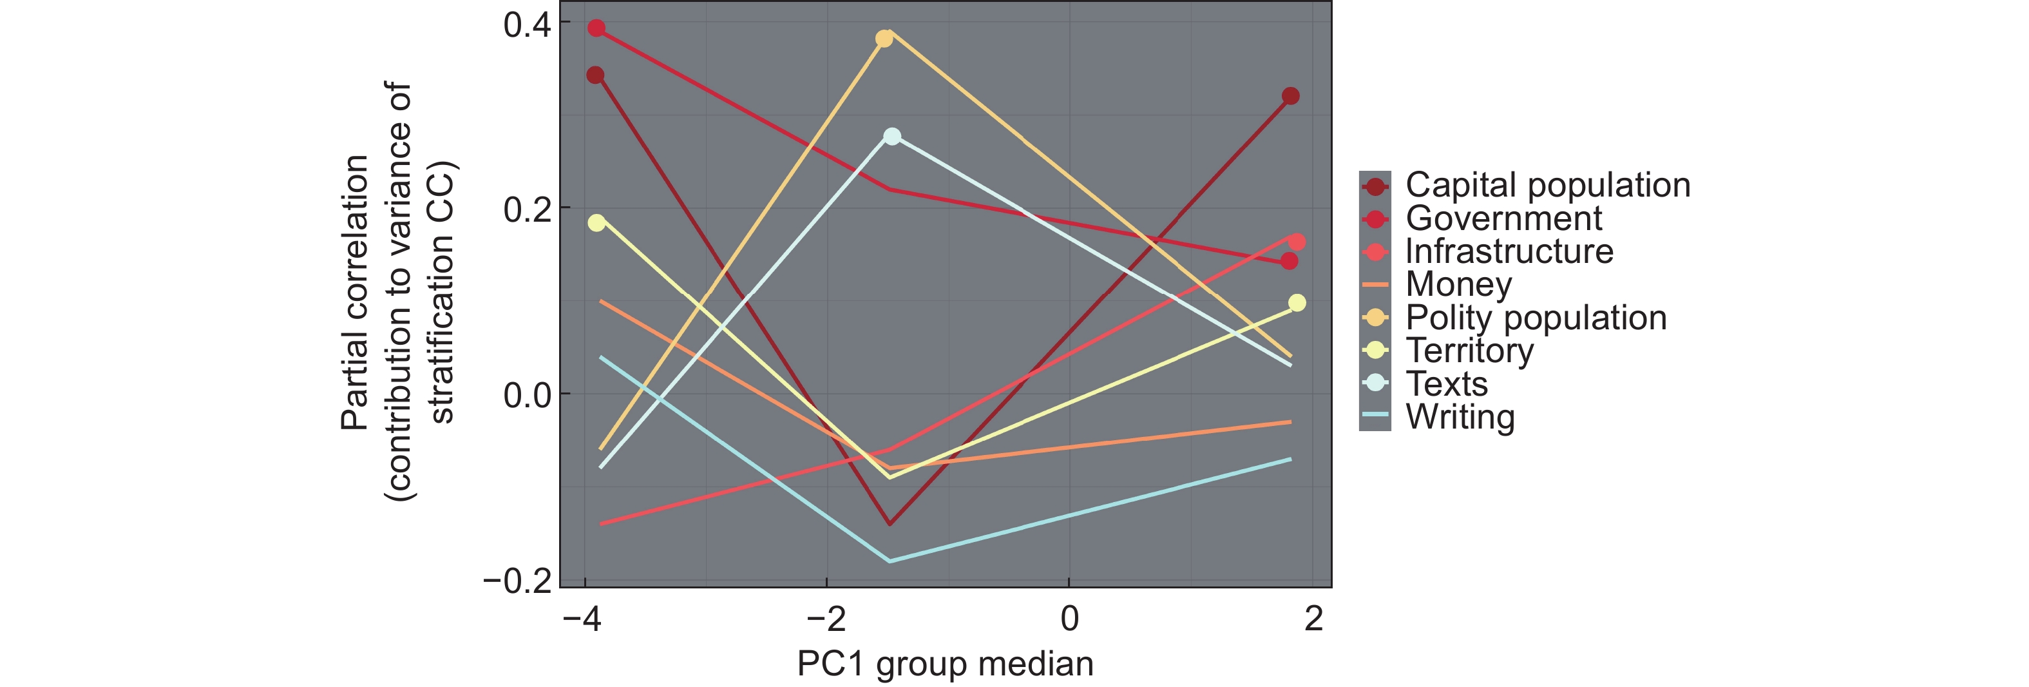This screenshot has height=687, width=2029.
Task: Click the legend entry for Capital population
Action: point(1548,185)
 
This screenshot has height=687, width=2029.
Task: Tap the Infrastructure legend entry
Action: point(1509,251)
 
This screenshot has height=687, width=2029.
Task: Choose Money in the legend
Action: point(1459,284)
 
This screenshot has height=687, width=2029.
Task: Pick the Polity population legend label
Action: point(1536,318)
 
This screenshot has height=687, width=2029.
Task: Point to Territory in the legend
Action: point(1470,351)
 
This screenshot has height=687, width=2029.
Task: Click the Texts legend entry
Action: point(1447,383)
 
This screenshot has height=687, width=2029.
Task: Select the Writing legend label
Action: point(1460,417)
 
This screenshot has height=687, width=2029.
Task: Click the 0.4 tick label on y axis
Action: point(527,25)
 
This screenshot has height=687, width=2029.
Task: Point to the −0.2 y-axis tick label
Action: point(517,581)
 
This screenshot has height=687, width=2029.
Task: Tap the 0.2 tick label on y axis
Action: point(527,209)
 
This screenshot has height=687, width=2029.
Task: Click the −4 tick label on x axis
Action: point(582,619)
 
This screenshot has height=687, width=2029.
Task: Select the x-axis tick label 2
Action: point(1313,619)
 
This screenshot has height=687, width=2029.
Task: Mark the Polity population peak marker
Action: point(884,39)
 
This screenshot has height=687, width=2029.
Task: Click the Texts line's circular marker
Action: point(891,136)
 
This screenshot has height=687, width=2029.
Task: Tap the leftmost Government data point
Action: point(596,28)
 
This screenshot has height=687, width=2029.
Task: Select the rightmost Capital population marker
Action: point(1290,96)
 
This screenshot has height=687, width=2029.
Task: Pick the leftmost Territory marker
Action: point(596,223)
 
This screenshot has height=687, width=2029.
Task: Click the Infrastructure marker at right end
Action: point(1297,242)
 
